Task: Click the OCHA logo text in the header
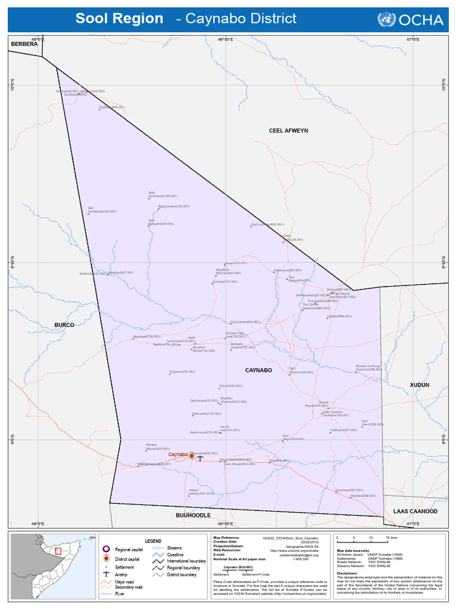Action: click(x=422, y=20)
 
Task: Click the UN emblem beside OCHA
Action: click(x=386, y=20)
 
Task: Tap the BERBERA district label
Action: click(x=24, y=44)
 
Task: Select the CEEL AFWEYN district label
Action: click(x=288, y=130)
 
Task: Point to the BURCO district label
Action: click(x=64, y=325)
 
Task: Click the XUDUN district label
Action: click(x=419, y=385)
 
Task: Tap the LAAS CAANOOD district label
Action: click(x=415, y=511)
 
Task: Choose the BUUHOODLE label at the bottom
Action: click(x=193, y=515)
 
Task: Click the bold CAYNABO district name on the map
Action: click(x=258, y=370)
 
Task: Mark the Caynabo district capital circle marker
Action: click(x=191, y=455)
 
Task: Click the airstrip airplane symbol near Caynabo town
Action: click(x=200, y=458)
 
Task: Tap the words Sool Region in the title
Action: click(x=119, y=19)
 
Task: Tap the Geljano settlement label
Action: click(x=182, y=372)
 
